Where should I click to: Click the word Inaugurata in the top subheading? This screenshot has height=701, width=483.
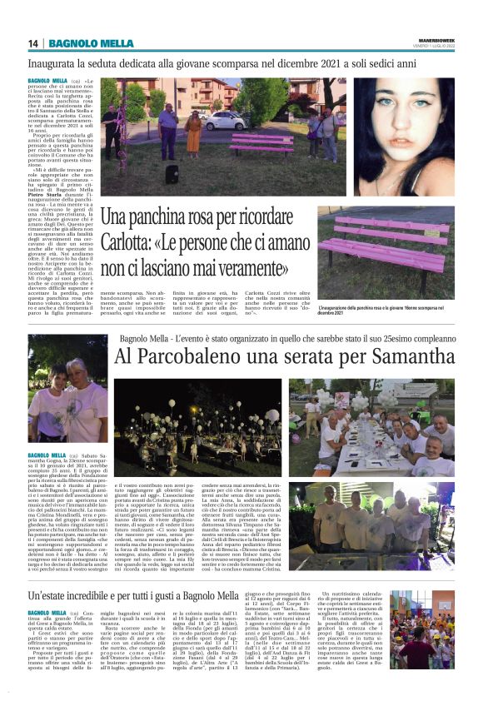(52, 63)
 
